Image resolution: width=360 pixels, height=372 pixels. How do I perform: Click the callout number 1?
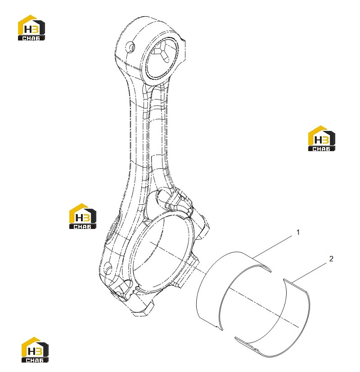coord(298,232)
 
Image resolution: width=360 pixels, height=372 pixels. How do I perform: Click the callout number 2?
coord(331,259)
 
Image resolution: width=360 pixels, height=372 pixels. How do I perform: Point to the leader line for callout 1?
coord(272,247)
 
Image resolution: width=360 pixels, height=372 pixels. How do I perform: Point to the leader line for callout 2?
coord(309,273)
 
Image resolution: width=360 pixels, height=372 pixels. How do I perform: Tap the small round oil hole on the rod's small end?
coord(130,46)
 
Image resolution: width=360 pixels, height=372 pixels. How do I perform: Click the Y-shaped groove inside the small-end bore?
coord(162,54)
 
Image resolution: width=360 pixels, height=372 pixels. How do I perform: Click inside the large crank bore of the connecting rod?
coord(162,251)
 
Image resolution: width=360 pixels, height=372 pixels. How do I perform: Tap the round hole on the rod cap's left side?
coord(108,268)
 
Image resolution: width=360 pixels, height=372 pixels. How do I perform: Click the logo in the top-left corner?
coord(31,27)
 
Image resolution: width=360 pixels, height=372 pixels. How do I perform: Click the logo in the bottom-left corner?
coord(35,350)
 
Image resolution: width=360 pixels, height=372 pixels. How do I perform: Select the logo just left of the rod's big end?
coord(83,216)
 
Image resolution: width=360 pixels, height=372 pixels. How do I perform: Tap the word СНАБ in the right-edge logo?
coord(321,149)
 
